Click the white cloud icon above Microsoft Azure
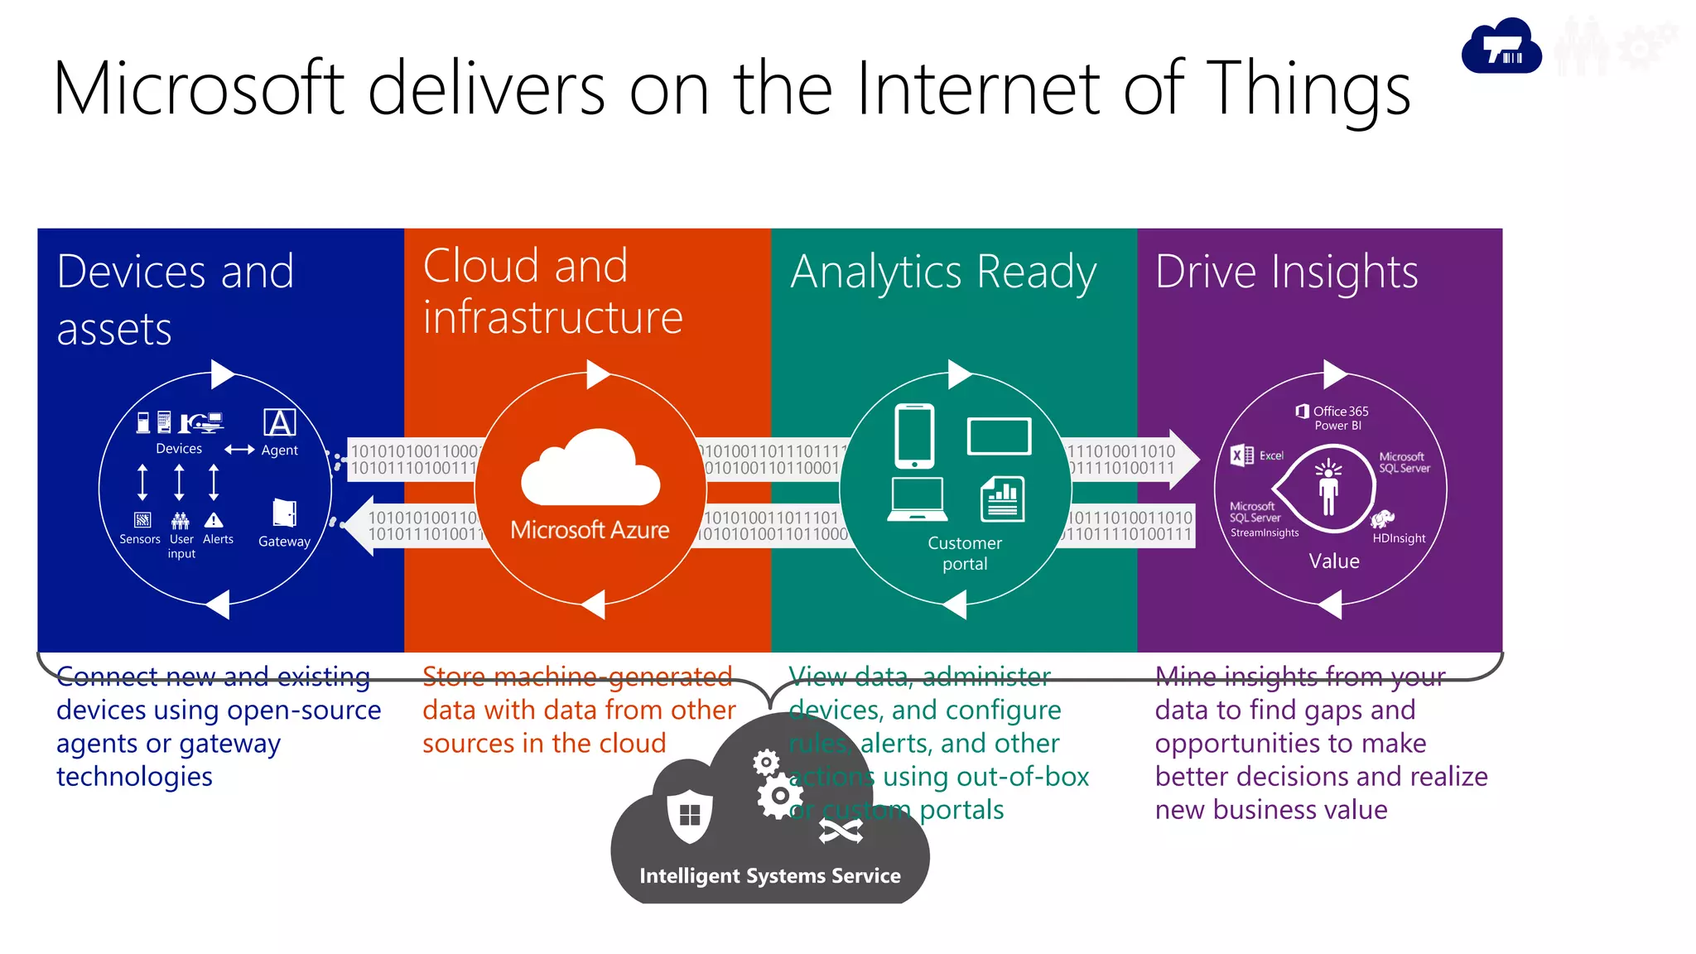[x=590, y=470]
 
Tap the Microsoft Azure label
[x=590, y=530]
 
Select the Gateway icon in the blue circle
[x=284, y=513]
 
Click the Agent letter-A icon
[x=280, y=422]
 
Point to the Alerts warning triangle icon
[x=214, y=520]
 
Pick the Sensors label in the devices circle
[x=140, y=539]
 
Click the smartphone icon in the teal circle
[x=914, y=436]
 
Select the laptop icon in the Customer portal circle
[x=917, y=499]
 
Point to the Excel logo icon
[x=1241, y=455]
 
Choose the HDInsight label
[x=1399, y=538]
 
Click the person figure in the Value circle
[x=1328, y=489]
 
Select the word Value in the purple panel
[x=1334, y=561]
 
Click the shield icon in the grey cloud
[x=690, y=816]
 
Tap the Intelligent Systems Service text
[x=769, y=876]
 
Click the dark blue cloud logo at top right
[x=1501, y=48]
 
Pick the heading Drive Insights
[x=1286, y=272]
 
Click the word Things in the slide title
[x=1308, y=89]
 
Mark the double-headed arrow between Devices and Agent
[x=239, y=450]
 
